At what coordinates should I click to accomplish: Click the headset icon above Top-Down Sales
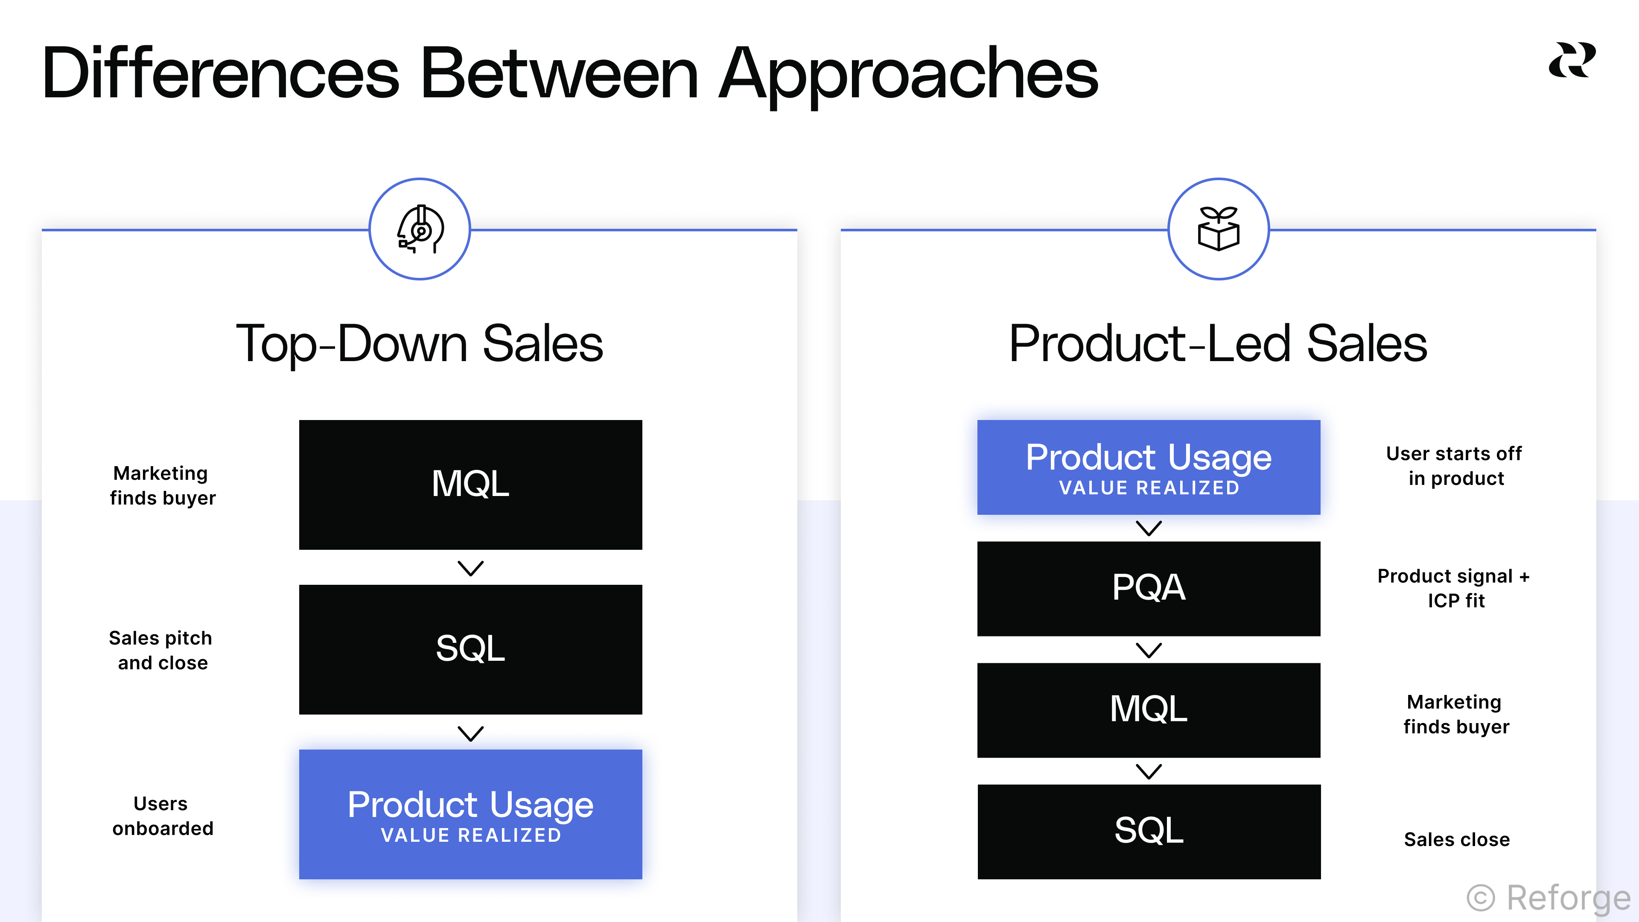pyautogui.click(x=420, y=229)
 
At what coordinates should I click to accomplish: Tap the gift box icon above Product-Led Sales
pyautogui.click(x=1219, y=229)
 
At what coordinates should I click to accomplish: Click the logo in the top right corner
pyautogui.click(x=1572, y=61)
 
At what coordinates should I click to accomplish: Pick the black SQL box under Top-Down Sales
pyautogui.click(x=470, y=649)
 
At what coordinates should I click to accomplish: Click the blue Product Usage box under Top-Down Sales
pyautogui.click(x=470, y=814)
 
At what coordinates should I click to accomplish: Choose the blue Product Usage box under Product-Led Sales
pyautogui.click(x=1149, y=467)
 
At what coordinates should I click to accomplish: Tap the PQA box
pyautogui.click(x=1149, y=588)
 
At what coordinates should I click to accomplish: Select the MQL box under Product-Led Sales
pyautogui.click(x=1149, y=709)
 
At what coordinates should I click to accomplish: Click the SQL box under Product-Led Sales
pyautogui.click(x=1149, y=831)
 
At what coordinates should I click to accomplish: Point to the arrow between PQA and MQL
pyautogui.click(x=1149, y=650)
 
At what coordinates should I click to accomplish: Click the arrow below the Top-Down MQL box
pyautogui.click(x=470, y=568)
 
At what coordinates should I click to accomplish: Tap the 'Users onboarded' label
pyautogui.click(x=162, y=816)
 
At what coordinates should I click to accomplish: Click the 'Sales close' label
pyautogui.click(x=1456, y=839)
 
